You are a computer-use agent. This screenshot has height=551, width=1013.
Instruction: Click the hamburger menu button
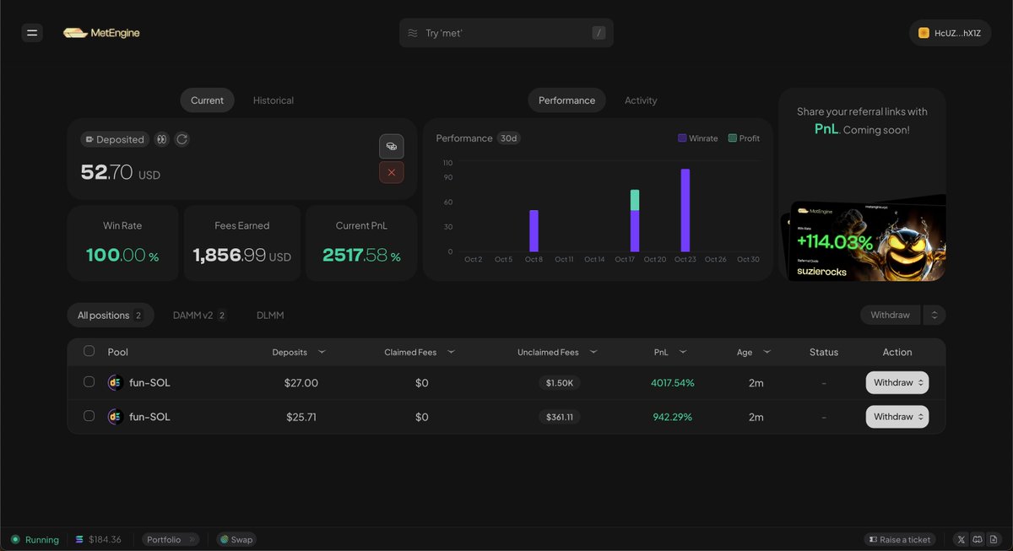pos(32,33)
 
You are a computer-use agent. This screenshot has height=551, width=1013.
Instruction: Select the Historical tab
pos(273,100)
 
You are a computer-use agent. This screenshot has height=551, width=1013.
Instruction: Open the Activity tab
pos(640,100)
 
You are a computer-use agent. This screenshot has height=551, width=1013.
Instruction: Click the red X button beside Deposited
pos(391,172)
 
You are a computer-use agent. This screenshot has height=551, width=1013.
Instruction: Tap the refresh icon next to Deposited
pos(181,139)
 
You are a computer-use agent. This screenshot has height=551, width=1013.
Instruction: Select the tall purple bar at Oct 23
pos(685,210)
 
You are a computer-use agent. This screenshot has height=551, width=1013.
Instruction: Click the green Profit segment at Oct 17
pos(634,200)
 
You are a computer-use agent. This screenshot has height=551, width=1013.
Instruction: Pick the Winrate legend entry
pos(697,138)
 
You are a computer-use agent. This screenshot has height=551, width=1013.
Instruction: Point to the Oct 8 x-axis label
pos(534,260)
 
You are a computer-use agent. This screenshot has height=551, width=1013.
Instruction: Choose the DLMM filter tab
pos(270,316)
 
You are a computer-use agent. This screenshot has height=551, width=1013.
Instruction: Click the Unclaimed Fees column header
pos(548,352)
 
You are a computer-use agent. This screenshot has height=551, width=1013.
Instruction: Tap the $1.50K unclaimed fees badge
pos(559,383)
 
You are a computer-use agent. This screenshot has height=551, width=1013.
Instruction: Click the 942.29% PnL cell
pos(672,417)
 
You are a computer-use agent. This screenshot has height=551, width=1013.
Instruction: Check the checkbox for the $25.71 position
pos(89,416)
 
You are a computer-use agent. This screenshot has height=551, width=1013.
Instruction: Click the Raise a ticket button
pos(899,539)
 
